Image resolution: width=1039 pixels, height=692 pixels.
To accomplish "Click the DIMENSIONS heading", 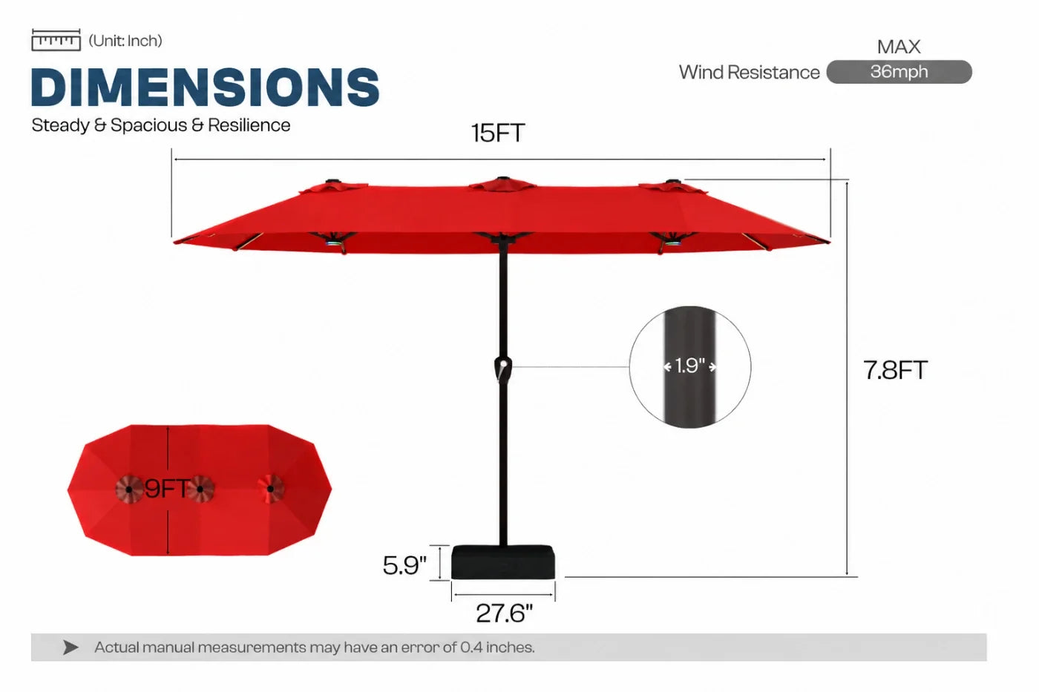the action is point(206,87).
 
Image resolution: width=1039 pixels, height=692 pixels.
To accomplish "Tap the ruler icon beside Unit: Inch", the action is point(56,40).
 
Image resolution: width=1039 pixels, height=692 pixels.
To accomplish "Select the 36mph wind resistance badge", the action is point(899,72).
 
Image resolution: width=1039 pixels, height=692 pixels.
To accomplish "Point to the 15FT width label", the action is point(498,133).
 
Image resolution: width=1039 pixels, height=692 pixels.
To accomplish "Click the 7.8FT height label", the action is point(895,370).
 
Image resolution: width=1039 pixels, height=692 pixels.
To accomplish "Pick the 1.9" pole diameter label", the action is point(689,366).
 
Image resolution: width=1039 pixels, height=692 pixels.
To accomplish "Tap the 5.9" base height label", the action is point(404,565).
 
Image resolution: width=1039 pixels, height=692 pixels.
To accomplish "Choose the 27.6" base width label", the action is point(504,613).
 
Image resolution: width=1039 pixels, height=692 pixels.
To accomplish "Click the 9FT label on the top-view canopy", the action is point(168,489).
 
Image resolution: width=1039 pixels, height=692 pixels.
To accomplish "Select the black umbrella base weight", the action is point(503,562).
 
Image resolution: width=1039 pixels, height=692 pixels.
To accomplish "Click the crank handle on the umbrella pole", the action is point(503,369).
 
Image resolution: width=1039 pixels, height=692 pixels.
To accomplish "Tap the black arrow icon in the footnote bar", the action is point(71,647).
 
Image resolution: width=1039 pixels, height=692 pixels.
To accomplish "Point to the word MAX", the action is point(899,47).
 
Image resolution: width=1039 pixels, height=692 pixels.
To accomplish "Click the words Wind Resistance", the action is point(749,72).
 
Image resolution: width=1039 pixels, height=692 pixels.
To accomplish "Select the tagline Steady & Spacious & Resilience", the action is point(160,125).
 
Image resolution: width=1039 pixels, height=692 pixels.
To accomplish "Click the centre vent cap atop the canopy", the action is point(503,183).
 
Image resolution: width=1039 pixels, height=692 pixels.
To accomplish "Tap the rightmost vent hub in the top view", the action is point(270,489).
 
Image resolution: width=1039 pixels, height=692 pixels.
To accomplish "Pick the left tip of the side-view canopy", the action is point(174,242).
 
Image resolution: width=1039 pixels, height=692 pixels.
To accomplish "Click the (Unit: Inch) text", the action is point(125,41).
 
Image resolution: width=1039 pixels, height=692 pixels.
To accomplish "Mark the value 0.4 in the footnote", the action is point(471,647).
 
